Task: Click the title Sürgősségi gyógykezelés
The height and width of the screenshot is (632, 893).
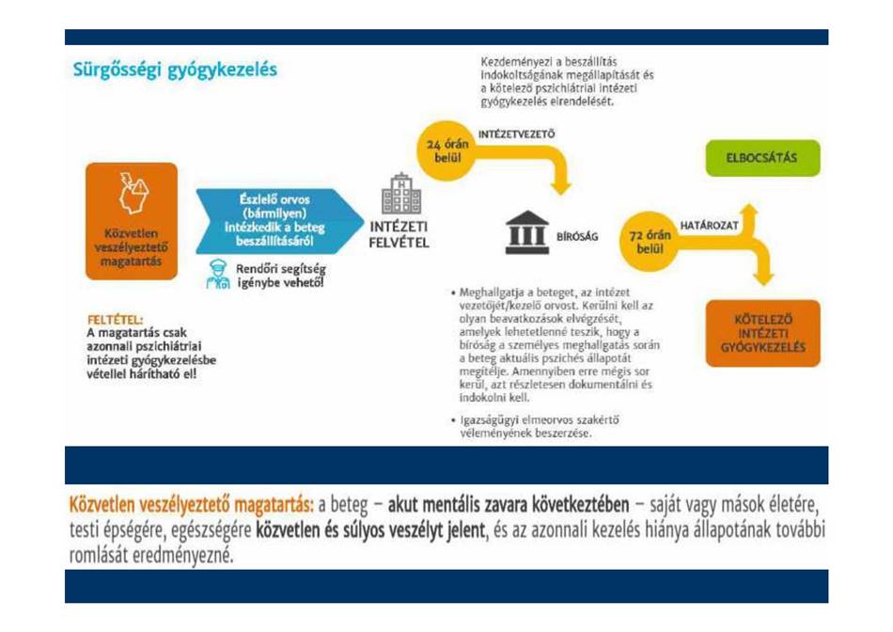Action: pos(175,71)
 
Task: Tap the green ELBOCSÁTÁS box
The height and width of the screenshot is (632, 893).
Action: pos(762,158)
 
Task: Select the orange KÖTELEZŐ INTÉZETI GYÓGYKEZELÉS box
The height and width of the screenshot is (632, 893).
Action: pos(762,333)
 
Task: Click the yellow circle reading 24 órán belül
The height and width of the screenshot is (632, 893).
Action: pos(447,151)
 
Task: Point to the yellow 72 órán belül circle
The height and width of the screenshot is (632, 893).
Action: pos(650,242)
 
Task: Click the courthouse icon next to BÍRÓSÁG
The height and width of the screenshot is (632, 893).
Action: pos(526,232)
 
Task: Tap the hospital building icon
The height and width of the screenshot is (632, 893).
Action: pos(401,194)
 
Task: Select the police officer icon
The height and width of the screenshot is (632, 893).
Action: pos(217,274)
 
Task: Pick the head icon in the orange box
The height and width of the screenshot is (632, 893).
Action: pos(133,193)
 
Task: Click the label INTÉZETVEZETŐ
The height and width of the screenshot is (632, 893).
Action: pos(516,134)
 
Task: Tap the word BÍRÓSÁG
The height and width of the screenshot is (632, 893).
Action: pos(577,236)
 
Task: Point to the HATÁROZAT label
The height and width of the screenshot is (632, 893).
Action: pos(709,226)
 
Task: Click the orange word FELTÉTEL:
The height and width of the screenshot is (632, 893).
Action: pos(115,320)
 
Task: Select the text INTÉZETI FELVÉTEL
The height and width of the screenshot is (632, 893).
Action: pos(399,234)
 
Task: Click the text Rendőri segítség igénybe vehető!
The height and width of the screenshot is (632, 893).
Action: pos(281,276)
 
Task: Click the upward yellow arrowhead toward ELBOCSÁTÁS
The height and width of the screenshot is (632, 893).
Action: pos(750,210)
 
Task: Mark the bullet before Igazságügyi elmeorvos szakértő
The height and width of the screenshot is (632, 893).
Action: pos(454,420)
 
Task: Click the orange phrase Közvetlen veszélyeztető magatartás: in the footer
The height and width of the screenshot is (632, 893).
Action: pos(192,505)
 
